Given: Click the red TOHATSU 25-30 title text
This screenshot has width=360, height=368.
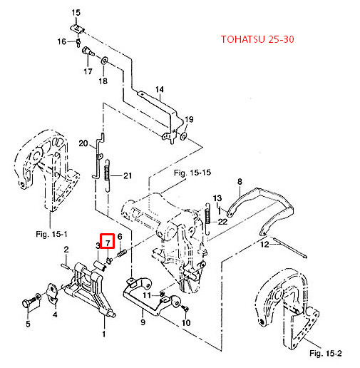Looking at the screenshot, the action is [257, 39].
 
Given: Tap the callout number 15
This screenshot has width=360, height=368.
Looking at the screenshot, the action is [76, 12].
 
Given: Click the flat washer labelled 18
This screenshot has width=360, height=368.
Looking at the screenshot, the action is [105, 61].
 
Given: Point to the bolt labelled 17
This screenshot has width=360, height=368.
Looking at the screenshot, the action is [88, 52].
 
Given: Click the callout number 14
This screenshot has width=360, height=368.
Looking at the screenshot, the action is [160, 90].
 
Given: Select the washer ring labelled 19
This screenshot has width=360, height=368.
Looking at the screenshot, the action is [184, 136].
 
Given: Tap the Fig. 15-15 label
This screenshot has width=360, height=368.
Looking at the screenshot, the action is [192, 173].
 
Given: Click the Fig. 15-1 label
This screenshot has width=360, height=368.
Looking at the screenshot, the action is [51, 235].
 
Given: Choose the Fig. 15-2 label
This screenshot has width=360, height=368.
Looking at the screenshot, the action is [326, 353].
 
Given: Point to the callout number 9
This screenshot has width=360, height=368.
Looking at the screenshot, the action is [143, 322].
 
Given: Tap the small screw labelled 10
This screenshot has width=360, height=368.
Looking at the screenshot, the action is [186, 308].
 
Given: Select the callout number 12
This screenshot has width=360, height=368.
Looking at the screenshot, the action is [264, 245].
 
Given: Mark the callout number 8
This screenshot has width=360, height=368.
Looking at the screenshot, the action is [240, 182].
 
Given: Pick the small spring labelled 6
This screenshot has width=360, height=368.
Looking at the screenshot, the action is [121, 253].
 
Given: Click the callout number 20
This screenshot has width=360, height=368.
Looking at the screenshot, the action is [83, 143].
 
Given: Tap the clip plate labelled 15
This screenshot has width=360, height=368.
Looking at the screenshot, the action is [78, 29].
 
